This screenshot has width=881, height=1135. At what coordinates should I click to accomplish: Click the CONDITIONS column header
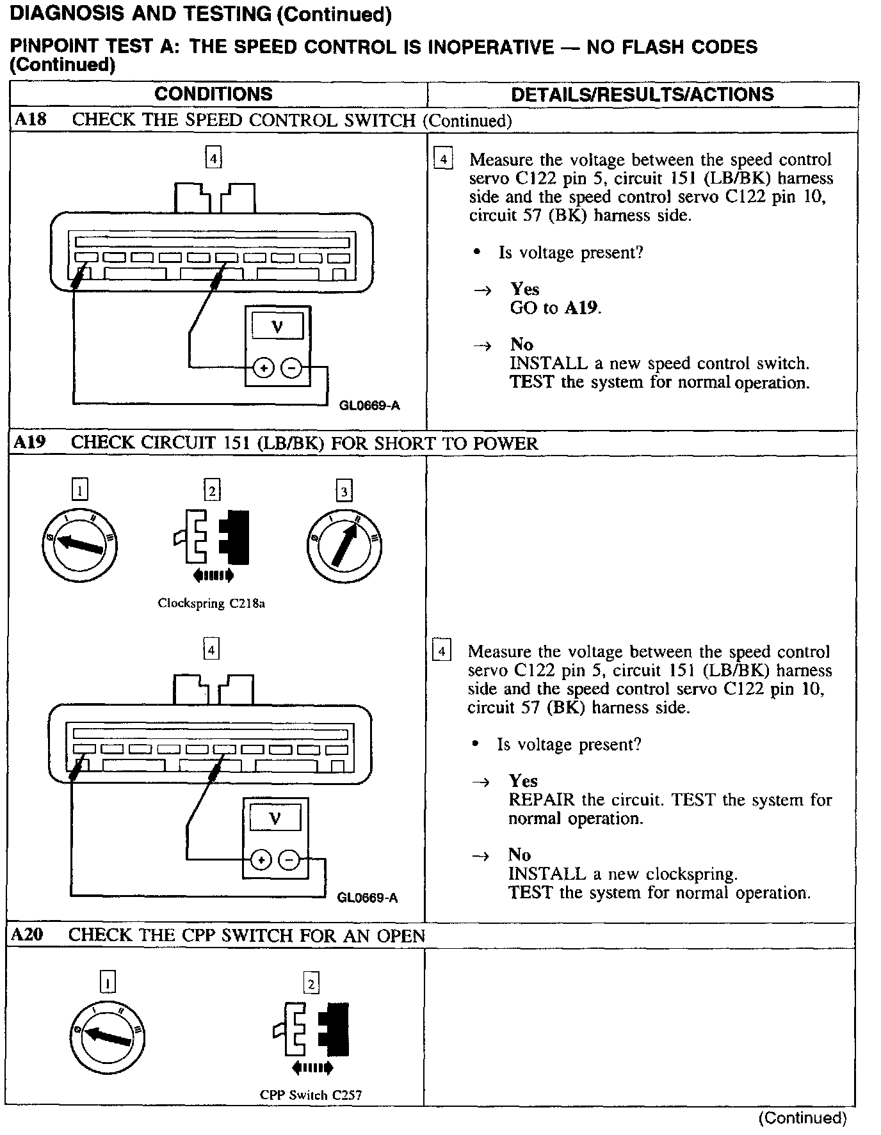(213, 94)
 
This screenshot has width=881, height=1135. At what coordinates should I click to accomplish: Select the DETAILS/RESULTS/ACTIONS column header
(642, 95)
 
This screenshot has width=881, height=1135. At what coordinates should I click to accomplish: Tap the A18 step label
(31, 120)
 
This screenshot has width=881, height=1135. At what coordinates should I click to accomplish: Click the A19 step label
(30, 442)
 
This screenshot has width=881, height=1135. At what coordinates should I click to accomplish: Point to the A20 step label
(28, 935)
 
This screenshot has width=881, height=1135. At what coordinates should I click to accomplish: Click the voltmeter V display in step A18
(277, 328)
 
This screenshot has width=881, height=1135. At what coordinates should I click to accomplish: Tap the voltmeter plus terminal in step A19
(261, 860)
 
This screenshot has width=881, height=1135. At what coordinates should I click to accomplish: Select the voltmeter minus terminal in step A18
(291, 368)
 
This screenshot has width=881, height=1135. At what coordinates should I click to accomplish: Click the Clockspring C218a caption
(211, 603)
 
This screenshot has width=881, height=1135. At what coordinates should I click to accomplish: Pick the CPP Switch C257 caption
(311, 1095)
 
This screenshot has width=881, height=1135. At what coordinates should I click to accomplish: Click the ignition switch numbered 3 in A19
(344, 545)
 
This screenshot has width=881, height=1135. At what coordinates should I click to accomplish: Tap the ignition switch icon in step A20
(108, 1037)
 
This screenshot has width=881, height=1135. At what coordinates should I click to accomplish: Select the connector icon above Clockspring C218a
(212, 537)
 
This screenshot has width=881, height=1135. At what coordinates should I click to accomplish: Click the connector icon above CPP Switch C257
(311, 1030)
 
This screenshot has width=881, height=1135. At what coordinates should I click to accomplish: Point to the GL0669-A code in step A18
(369, 406)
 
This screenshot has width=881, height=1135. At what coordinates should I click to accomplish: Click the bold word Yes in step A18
(524, 289)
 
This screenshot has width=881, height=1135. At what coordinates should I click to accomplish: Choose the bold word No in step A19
(519, 855)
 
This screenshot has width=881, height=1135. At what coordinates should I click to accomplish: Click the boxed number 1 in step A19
(79, 490)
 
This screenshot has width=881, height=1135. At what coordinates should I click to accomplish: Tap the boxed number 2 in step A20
(311, 983)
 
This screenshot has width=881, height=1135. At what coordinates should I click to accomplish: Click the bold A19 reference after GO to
(581, 308)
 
